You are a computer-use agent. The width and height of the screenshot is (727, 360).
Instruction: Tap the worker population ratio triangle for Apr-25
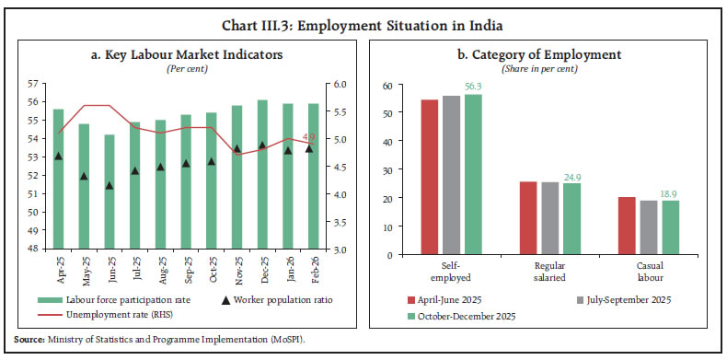pyautogui.click(x=59, y=157)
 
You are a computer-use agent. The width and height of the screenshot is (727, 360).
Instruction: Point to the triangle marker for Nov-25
pyautogui.click(x=237, y=149)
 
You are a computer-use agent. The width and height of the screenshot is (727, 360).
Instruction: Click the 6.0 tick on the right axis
pyautogui.click(x=340, y=85)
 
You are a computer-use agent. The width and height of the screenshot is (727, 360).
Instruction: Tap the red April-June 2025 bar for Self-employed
pyautogui.click(x=429, y=178)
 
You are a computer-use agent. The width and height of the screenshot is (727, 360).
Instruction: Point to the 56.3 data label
pyautogui.click(x=473, y=87)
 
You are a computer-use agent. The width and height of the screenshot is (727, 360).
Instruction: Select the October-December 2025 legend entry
pyautogui.click(x=459, y=316)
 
